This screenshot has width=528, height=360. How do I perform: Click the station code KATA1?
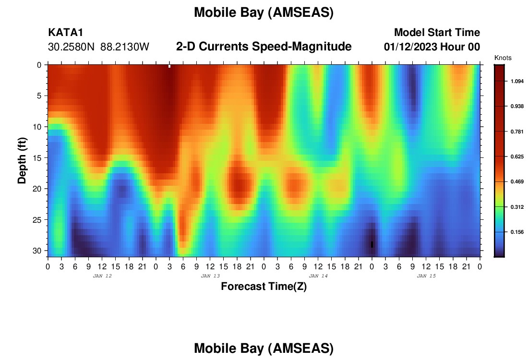(x=65, y=32)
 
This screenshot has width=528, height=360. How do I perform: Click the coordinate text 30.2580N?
(x=71, y=47)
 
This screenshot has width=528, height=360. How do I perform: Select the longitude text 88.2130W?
(x=125, y=47)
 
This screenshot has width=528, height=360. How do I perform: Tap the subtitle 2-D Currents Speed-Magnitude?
(x=264, y=47)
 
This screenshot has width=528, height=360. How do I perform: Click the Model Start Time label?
(x=437, y=32)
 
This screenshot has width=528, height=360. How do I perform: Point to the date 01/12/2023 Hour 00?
(x=432, y=47)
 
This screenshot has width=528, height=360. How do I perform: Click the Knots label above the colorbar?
(x=503, y=58)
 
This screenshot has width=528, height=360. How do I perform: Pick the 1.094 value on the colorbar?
(x=517, y=81)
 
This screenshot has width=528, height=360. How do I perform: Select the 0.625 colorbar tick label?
(x=517, y=156)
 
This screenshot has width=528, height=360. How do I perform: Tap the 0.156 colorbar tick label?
(x=517, y=232)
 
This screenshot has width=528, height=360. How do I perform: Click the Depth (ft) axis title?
(x=22, y=160)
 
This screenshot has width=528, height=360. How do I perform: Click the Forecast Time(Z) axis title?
(x=264, y=286)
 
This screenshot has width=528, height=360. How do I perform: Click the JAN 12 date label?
(x=102, y=276)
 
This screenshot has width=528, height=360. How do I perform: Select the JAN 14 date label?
(x=318, y=276)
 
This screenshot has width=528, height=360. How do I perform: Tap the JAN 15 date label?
(x=426, y=276)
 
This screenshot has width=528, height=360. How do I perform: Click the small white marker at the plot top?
(x=169, y=66)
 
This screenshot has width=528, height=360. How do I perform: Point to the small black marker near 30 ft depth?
(x=372, y=244)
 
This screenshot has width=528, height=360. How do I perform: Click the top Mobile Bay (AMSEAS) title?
(x=264, y=12)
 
